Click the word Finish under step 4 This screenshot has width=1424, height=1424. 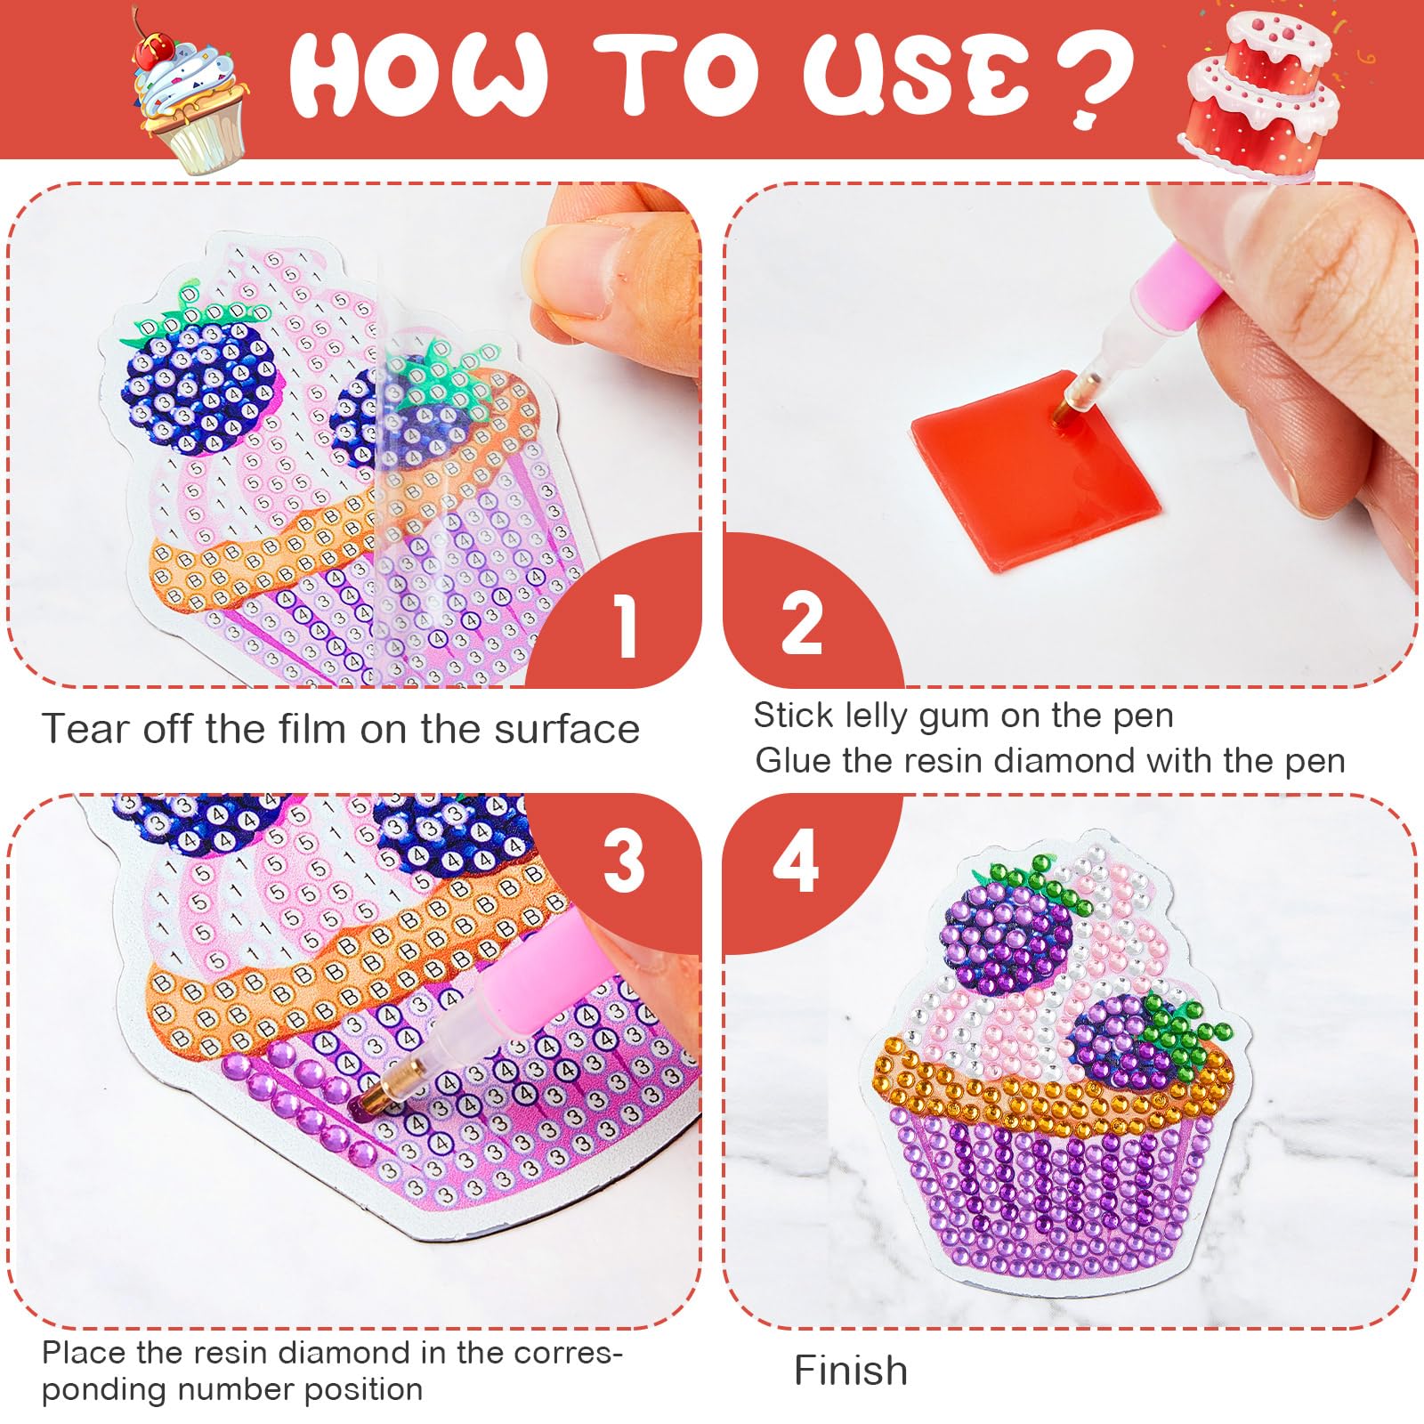(851, 1370)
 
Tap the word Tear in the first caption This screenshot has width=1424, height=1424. (85, 729)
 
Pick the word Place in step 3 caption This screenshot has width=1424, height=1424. (85, 1354)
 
